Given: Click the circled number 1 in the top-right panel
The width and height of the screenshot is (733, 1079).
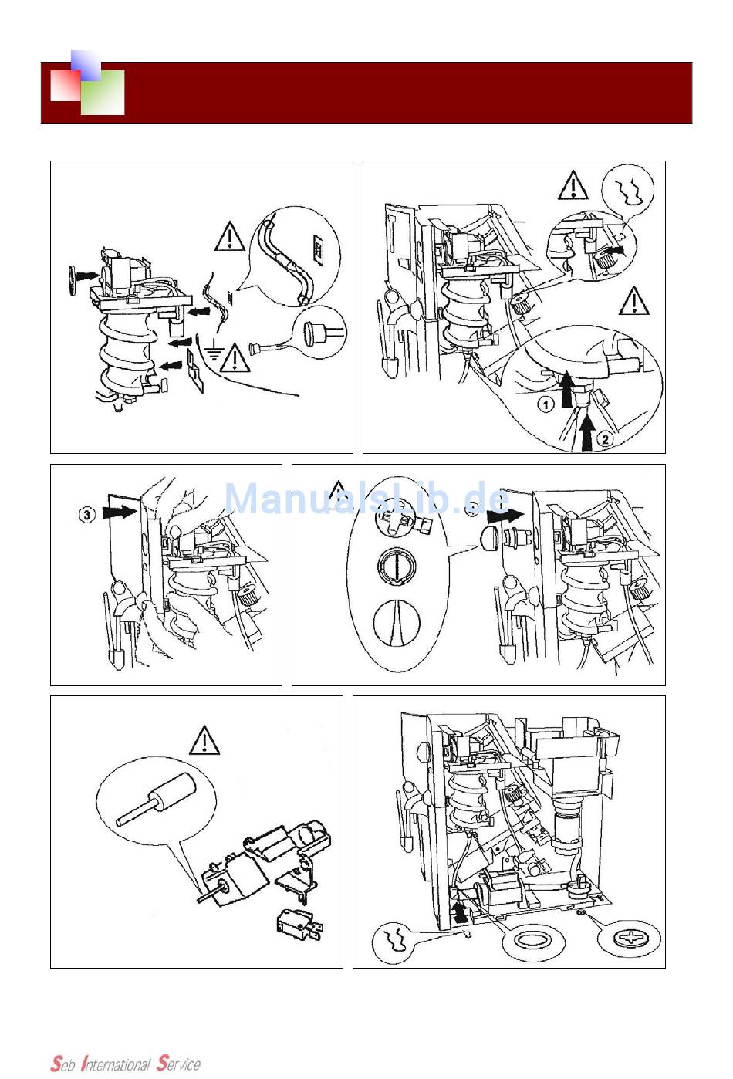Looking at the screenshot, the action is pos(546,404).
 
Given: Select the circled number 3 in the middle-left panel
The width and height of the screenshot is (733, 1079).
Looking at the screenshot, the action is pos(87,514).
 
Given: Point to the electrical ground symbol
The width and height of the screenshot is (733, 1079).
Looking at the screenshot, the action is pos(215,356).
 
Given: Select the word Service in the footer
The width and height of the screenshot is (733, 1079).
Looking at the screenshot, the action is pos(178,1064).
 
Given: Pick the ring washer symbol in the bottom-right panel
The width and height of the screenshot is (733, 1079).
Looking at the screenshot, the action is pos(532,941).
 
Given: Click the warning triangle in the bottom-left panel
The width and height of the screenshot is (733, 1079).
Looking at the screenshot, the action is pos(204,741).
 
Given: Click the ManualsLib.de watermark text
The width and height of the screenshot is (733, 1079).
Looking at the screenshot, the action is pos(366,499).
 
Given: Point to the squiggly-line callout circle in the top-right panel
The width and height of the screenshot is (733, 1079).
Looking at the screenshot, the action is pos(630,189).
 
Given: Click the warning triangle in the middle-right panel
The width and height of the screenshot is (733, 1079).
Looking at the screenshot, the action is pos(337,492).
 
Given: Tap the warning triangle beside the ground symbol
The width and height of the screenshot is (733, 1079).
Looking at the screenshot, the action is pos(235,357).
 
